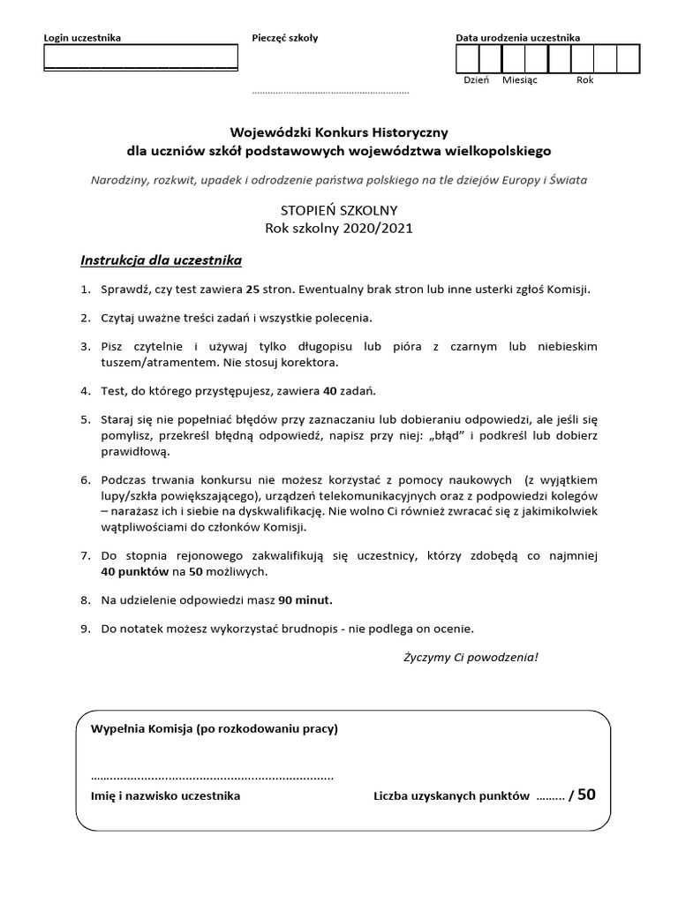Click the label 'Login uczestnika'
(x=83, y=38)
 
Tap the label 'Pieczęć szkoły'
(x=285, y=38)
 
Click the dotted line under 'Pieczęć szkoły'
(x=330, y=92)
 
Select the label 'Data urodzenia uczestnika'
(x=517, y=38)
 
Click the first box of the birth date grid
(x=467, y=58)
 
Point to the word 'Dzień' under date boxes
(x=476, y=79)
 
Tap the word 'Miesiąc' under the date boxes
(x=520, y=79)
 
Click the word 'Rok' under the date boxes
(x=584, y=79)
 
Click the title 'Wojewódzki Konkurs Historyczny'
(x=339, y=132)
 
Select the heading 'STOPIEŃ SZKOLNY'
(x=339, y=210)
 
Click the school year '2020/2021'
(x=375, y=228)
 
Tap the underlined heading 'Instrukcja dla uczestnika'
(x=161, y=260)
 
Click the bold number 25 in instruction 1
(x=253, y=289)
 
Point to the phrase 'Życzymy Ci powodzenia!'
(x=471, y=658)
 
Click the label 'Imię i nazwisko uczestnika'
(x=165, y=795)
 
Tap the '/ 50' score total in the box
(x=582, y=795)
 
